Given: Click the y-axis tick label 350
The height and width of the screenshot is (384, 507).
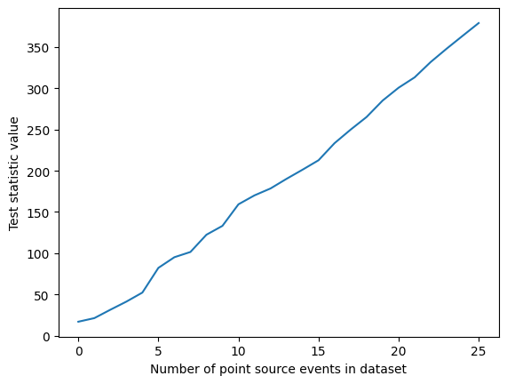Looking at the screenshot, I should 37,48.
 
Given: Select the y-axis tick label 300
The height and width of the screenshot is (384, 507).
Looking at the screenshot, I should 37,89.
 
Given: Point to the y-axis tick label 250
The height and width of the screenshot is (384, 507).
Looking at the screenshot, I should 37,131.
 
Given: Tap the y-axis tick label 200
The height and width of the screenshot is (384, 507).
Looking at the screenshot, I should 37,172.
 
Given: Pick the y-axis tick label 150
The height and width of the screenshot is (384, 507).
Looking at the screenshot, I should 37,212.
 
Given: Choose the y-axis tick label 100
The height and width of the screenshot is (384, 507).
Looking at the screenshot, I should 37,254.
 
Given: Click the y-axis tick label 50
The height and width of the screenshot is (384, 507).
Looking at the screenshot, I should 41,295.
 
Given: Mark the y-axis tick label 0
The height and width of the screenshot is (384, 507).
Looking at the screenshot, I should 44,336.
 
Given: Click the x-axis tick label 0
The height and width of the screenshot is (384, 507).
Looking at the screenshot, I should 78,351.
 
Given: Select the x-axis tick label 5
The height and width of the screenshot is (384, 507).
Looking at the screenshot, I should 158,351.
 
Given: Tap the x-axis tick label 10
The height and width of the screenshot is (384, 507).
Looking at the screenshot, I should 238,351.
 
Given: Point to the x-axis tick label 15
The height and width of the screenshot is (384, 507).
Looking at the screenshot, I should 318,351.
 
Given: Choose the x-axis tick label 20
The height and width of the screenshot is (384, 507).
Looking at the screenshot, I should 399,351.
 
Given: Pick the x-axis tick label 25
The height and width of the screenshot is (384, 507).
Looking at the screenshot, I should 479,351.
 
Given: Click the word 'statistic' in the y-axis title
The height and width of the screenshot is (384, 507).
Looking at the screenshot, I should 15,170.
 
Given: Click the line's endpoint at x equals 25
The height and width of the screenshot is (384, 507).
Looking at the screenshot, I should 479,23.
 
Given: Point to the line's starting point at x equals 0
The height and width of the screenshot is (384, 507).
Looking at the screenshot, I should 78,322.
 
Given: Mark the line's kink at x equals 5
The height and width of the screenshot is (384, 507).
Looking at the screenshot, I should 158,268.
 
